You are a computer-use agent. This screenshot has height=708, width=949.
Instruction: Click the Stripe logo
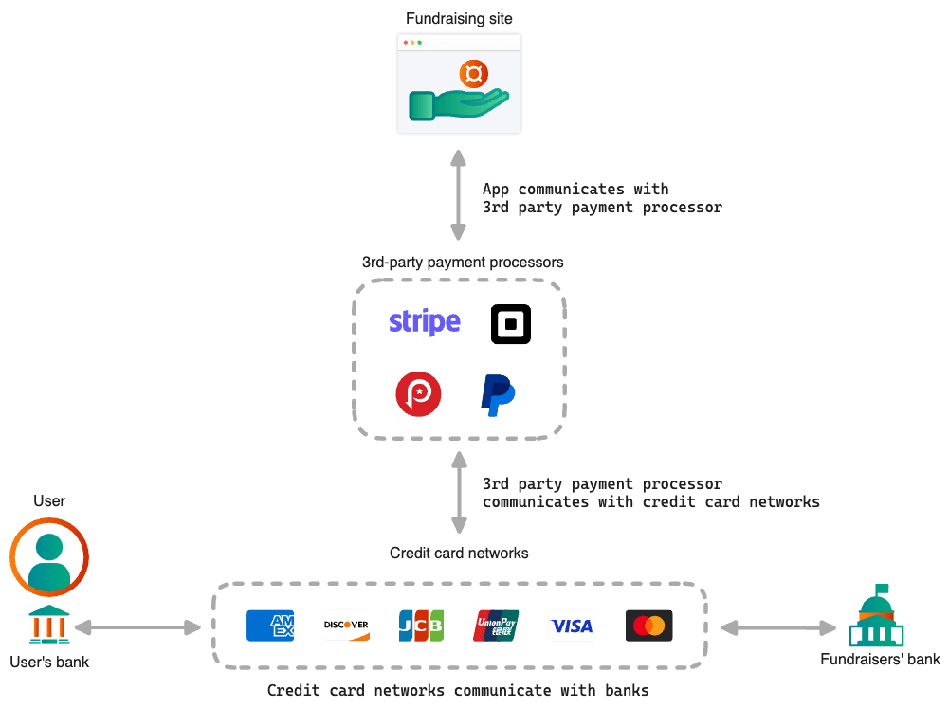tap(425, 322)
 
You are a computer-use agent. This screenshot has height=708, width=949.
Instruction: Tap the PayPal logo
tap(497, 394)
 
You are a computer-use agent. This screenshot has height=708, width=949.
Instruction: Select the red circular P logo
tap(418, 394)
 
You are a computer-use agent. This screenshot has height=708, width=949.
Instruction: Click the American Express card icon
tap(270, 626)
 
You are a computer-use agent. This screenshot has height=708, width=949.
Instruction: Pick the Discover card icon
tap(346, 626)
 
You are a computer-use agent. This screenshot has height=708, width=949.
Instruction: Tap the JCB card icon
tap(421, 626)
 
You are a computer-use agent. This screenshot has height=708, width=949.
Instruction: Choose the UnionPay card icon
tap(497, 626)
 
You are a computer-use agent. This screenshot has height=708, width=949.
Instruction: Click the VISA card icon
tap(572, 626)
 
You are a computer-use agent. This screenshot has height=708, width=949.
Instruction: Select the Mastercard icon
tap(649, 626)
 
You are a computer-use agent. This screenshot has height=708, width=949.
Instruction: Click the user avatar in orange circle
tap(49, 556)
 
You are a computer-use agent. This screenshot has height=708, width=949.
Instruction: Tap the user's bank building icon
tap(48, 626)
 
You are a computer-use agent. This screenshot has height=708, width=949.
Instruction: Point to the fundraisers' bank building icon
tap(877, 618)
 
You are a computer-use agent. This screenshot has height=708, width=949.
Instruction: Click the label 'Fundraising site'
tap(459, 18)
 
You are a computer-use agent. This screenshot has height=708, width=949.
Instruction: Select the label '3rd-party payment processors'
tap(463, 262)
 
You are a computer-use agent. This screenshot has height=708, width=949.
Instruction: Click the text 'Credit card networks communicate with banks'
tap(458, 691)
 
